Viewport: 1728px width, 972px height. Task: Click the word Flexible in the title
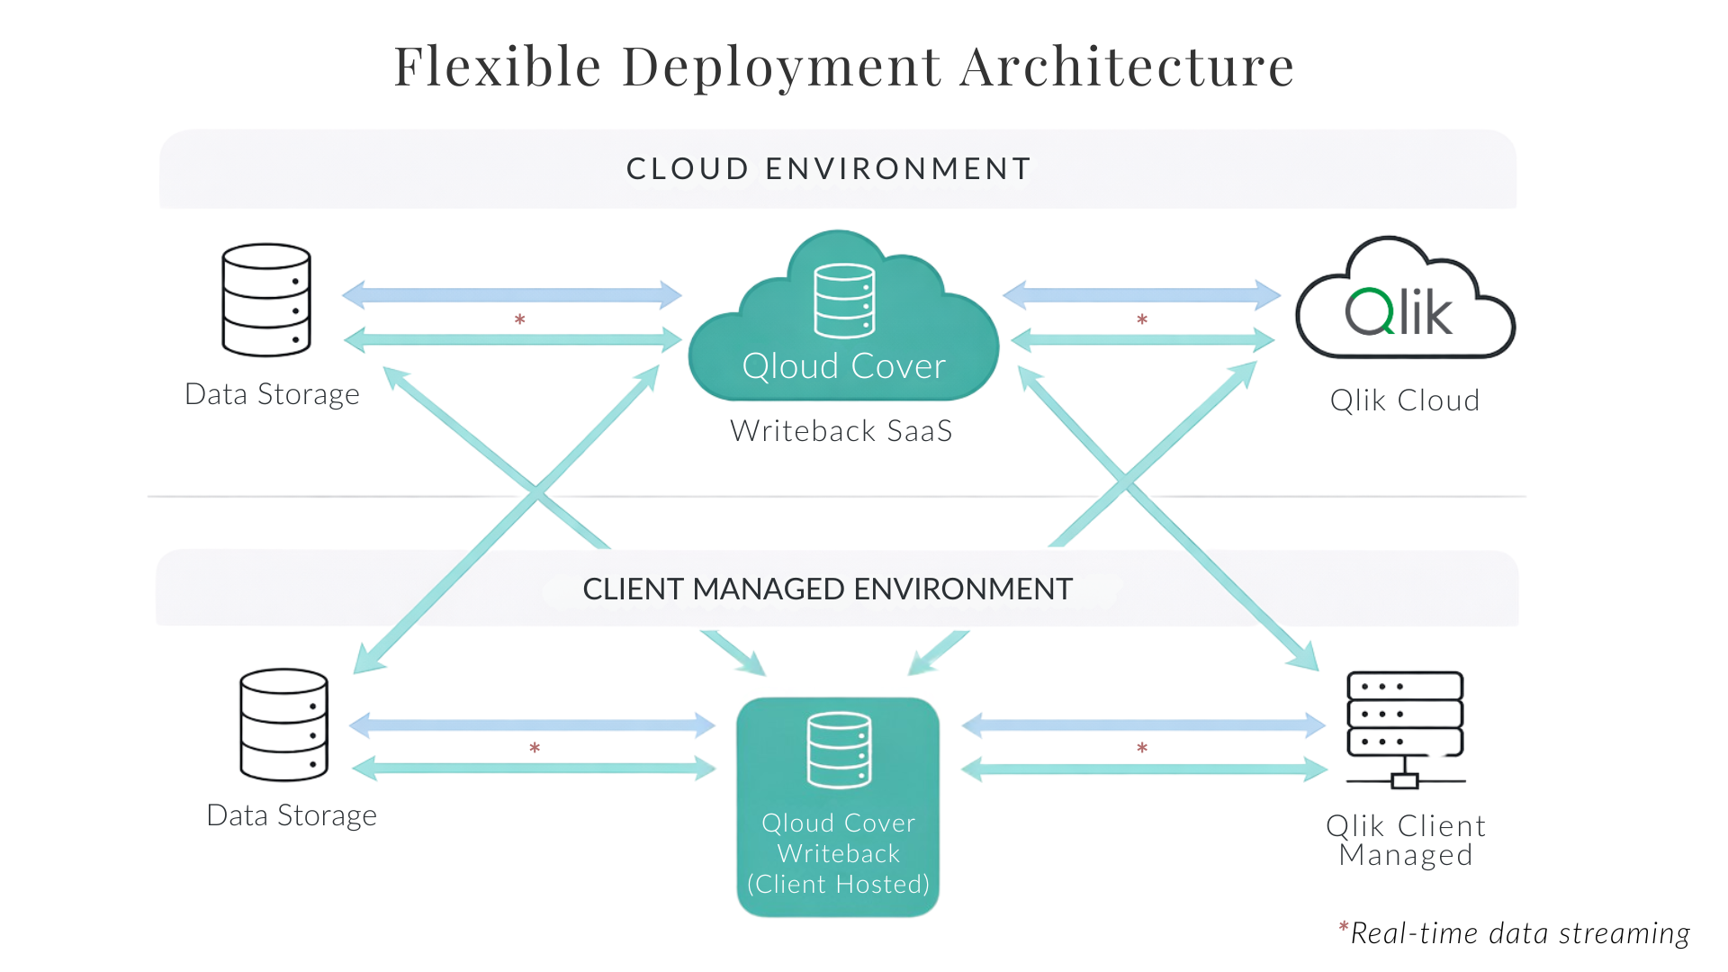point(498,67)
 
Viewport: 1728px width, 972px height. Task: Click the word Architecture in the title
point(1127,67)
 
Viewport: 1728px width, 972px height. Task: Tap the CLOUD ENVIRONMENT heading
point(829,168)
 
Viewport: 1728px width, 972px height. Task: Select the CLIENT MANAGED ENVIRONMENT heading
point(827,589)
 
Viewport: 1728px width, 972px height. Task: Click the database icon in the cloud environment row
point(266,300)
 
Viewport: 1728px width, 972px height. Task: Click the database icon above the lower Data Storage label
point(283,724)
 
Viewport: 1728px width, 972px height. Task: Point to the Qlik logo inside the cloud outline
point(1399,312)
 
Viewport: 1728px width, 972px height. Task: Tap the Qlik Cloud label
point(1405,400)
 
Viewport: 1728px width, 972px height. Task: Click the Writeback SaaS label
point(841,431)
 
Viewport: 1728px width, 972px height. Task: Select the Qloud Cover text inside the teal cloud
point(843,366)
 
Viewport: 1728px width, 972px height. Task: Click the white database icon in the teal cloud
point(844,301)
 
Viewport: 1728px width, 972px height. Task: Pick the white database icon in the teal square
point(839,750)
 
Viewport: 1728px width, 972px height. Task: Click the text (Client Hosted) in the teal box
point(838,884)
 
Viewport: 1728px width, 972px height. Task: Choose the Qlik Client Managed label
point(1405,840)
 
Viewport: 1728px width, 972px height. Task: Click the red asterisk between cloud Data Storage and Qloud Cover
point(519,319)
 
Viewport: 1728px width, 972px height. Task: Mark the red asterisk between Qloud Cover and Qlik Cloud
point(1141,319)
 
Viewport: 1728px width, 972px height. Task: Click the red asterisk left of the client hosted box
point(535,748)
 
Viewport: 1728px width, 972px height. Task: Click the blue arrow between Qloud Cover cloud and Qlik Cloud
point(1141,294)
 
